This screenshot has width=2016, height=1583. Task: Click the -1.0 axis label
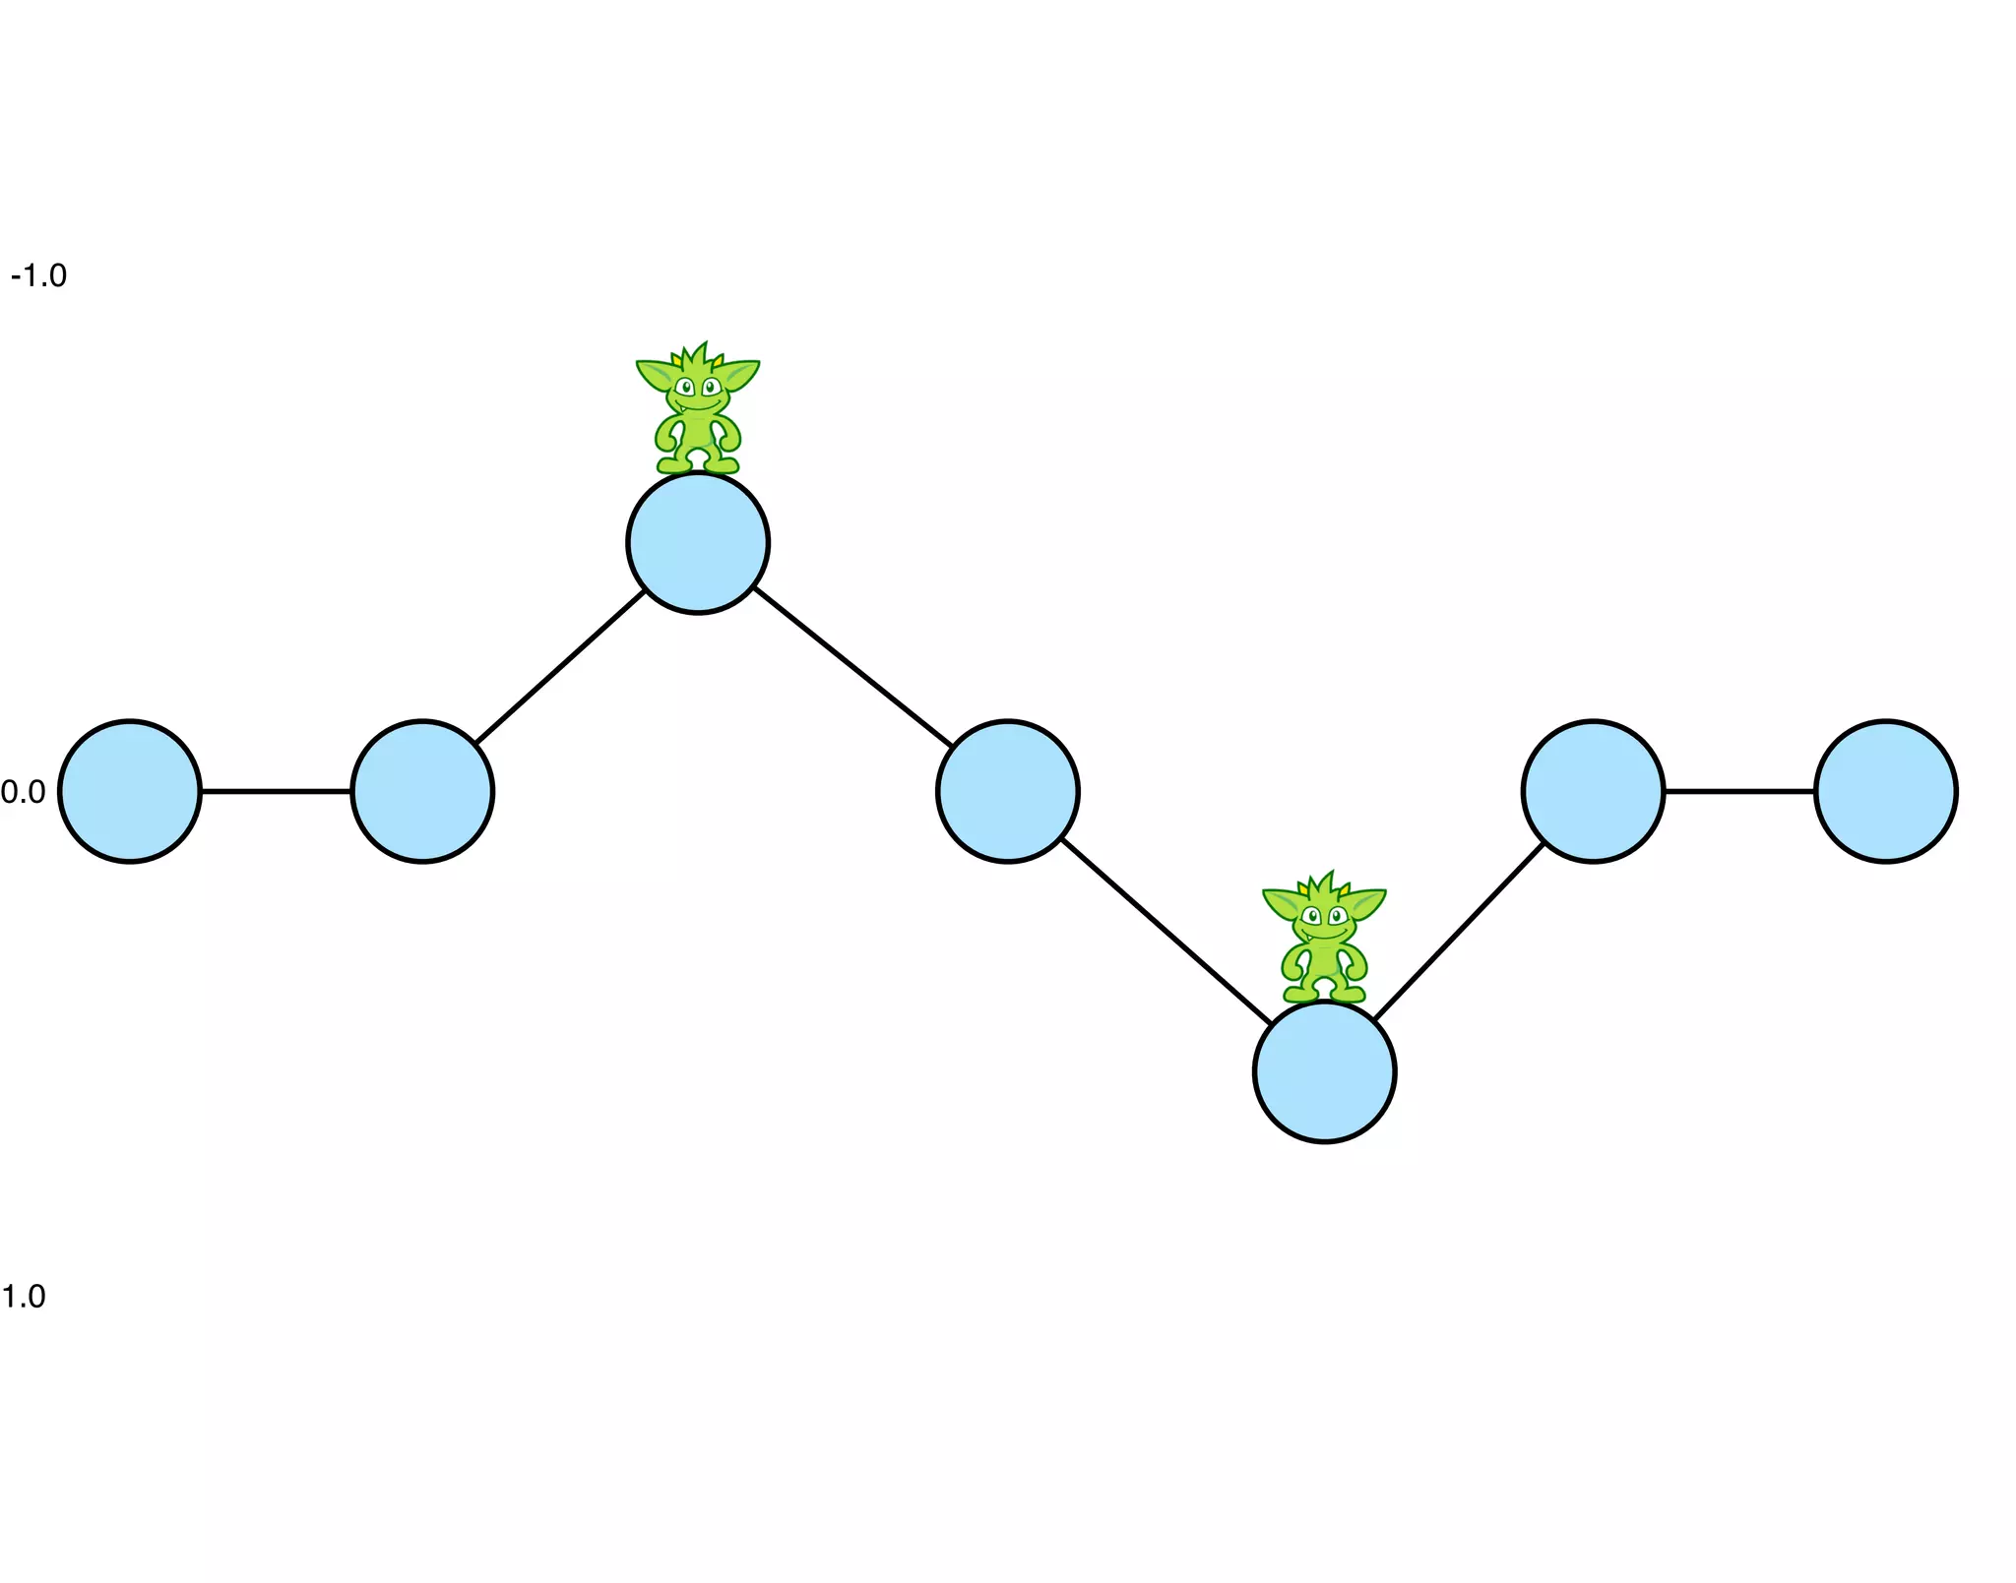pos(38,276)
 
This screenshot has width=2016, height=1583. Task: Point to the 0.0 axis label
pos(23,792)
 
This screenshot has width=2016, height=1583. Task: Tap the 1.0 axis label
pos(23,1297)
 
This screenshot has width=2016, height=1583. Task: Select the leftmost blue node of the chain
pos(130,792)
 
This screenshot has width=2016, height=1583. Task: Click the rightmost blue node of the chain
pos(1885,792)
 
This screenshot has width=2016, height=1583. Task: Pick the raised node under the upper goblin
pos(698,543)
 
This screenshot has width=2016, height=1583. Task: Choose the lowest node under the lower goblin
pos(1324,1071)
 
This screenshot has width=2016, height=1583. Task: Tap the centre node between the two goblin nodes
pos(1008,792)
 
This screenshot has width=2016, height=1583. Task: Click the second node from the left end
pos(422,792)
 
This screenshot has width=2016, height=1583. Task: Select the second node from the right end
pos(1593,792)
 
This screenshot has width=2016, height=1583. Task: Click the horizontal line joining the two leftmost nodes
pos(276,791)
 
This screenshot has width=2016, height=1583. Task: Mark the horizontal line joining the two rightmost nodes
pos(1739,791)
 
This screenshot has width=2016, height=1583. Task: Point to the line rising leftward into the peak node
pos(559,667)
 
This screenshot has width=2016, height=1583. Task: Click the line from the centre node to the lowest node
pos(1166,932)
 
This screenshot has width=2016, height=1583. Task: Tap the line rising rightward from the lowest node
pos(1459,931)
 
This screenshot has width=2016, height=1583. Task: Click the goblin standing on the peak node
pos(698,411)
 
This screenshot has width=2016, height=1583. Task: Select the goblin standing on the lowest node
pos(1324,940)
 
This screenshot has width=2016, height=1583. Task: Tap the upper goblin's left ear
pos(654,375)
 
